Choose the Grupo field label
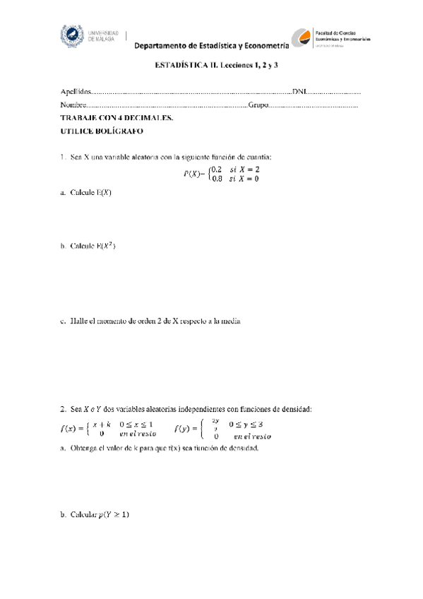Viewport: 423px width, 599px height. [x=258, y=105]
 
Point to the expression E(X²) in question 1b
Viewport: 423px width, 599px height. [x=106, y=246]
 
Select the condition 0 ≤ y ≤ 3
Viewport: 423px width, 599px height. [x=249, y=425]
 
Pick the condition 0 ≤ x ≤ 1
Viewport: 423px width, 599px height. [x=137, y=425]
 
